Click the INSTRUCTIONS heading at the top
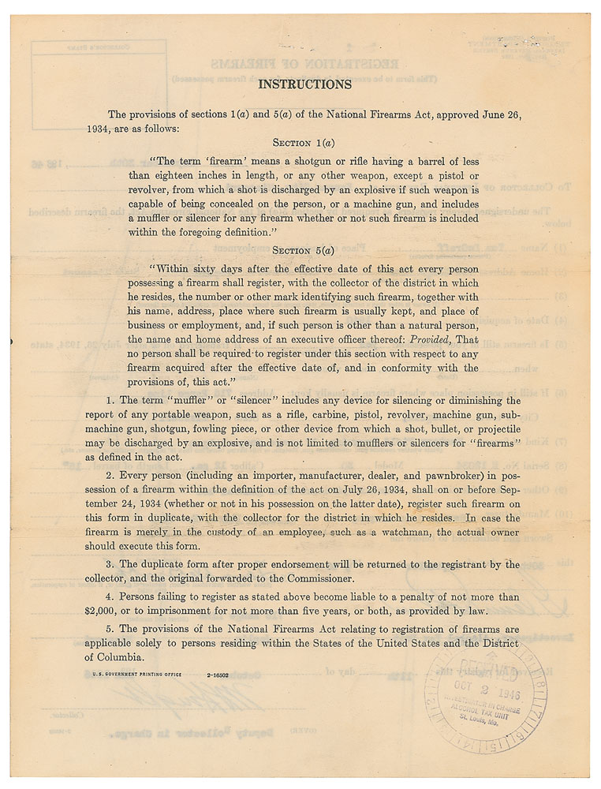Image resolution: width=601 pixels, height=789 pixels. [304, 84]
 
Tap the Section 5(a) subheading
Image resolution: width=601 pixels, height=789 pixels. [304, 250]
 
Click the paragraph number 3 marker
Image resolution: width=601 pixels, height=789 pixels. [114, 565]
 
